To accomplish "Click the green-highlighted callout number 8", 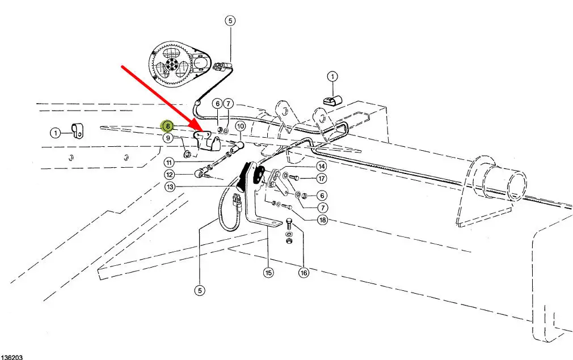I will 167,126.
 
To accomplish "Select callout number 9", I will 168,138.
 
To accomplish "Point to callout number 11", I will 170,162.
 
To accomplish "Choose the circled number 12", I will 170,175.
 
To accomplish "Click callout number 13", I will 170,187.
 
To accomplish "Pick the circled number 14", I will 321,167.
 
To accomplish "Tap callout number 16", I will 304,273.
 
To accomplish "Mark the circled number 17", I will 321,179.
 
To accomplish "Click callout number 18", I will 322,220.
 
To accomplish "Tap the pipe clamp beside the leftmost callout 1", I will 75,132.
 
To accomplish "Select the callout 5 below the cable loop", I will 199,290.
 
